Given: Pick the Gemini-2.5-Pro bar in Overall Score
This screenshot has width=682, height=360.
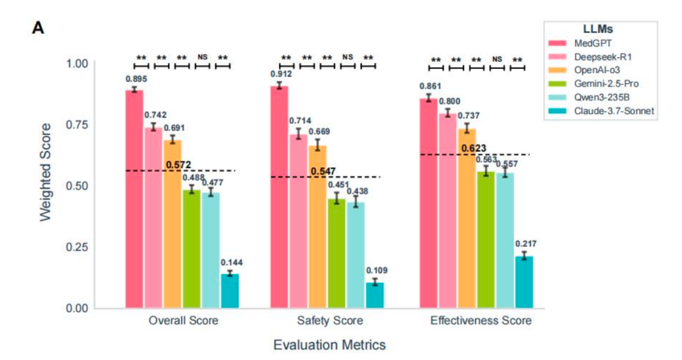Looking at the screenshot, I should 191,249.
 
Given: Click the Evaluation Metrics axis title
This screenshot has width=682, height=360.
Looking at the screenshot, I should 329,345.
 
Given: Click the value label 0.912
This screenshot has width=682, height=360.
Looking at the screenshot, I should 279,75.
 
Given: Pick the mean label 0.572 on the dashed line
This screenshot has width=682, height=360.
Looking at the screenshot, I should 179,165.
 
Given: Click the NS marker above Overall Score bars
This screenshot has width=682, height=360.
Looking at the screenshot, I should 202,57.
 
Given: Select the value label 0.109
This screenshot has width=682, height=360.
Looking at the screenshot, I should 376,270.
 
